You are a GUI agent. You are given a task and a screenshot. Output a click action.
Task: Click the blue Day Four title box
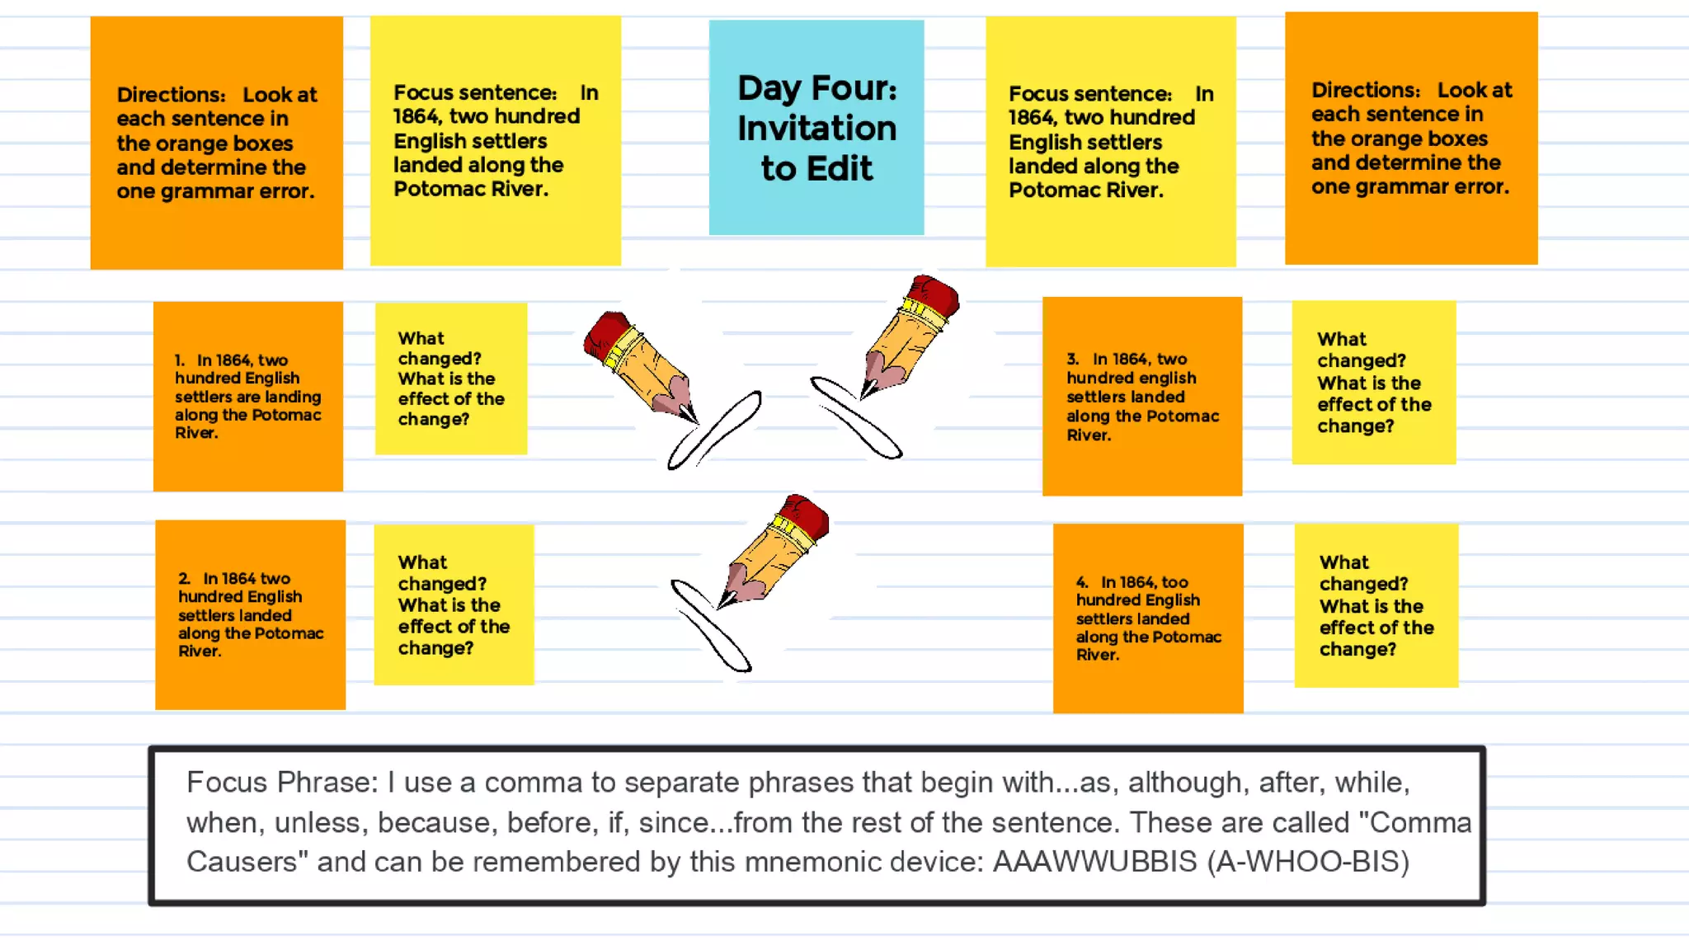pos(816,128)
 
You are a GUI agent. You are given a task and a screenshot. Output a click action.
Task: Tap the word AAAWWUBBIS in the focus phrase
pos(1094,862)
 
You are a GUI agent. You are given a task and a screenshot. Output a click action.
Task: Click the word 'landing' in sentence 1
pos(294,397)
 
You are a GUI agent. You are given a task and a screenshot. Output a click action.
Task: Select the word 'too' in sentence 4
pos(1174,582)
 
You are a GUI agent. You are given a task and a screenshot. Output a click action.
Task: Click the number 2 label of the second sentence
pos(184,579)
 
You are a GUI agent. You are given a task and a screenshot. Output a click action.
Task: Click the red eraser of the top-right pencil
pos(935,294)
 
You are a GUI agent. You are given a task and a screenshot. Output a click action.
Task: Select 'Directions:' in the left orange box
pos(171,95)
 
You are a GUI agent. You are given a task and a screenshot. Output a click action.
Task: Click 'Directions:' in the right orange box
pos(1366,90)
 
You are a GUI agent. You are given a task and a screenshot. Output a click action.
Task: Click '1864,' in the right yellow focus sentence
pos(1033,118)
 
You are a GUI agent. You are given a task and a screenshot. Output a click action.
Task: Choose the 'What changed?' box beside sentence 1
pos(450,379)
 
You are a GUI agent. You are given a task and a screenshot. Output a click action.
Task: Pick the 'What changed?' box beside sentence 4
pos(1376,605)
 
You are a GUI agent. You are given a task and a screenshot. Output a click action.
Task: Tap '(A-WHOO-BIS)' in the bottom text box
pos(1308,862)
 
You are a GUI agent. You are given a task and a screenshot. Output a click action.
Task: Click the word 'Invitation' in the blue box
pos(816,129)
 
